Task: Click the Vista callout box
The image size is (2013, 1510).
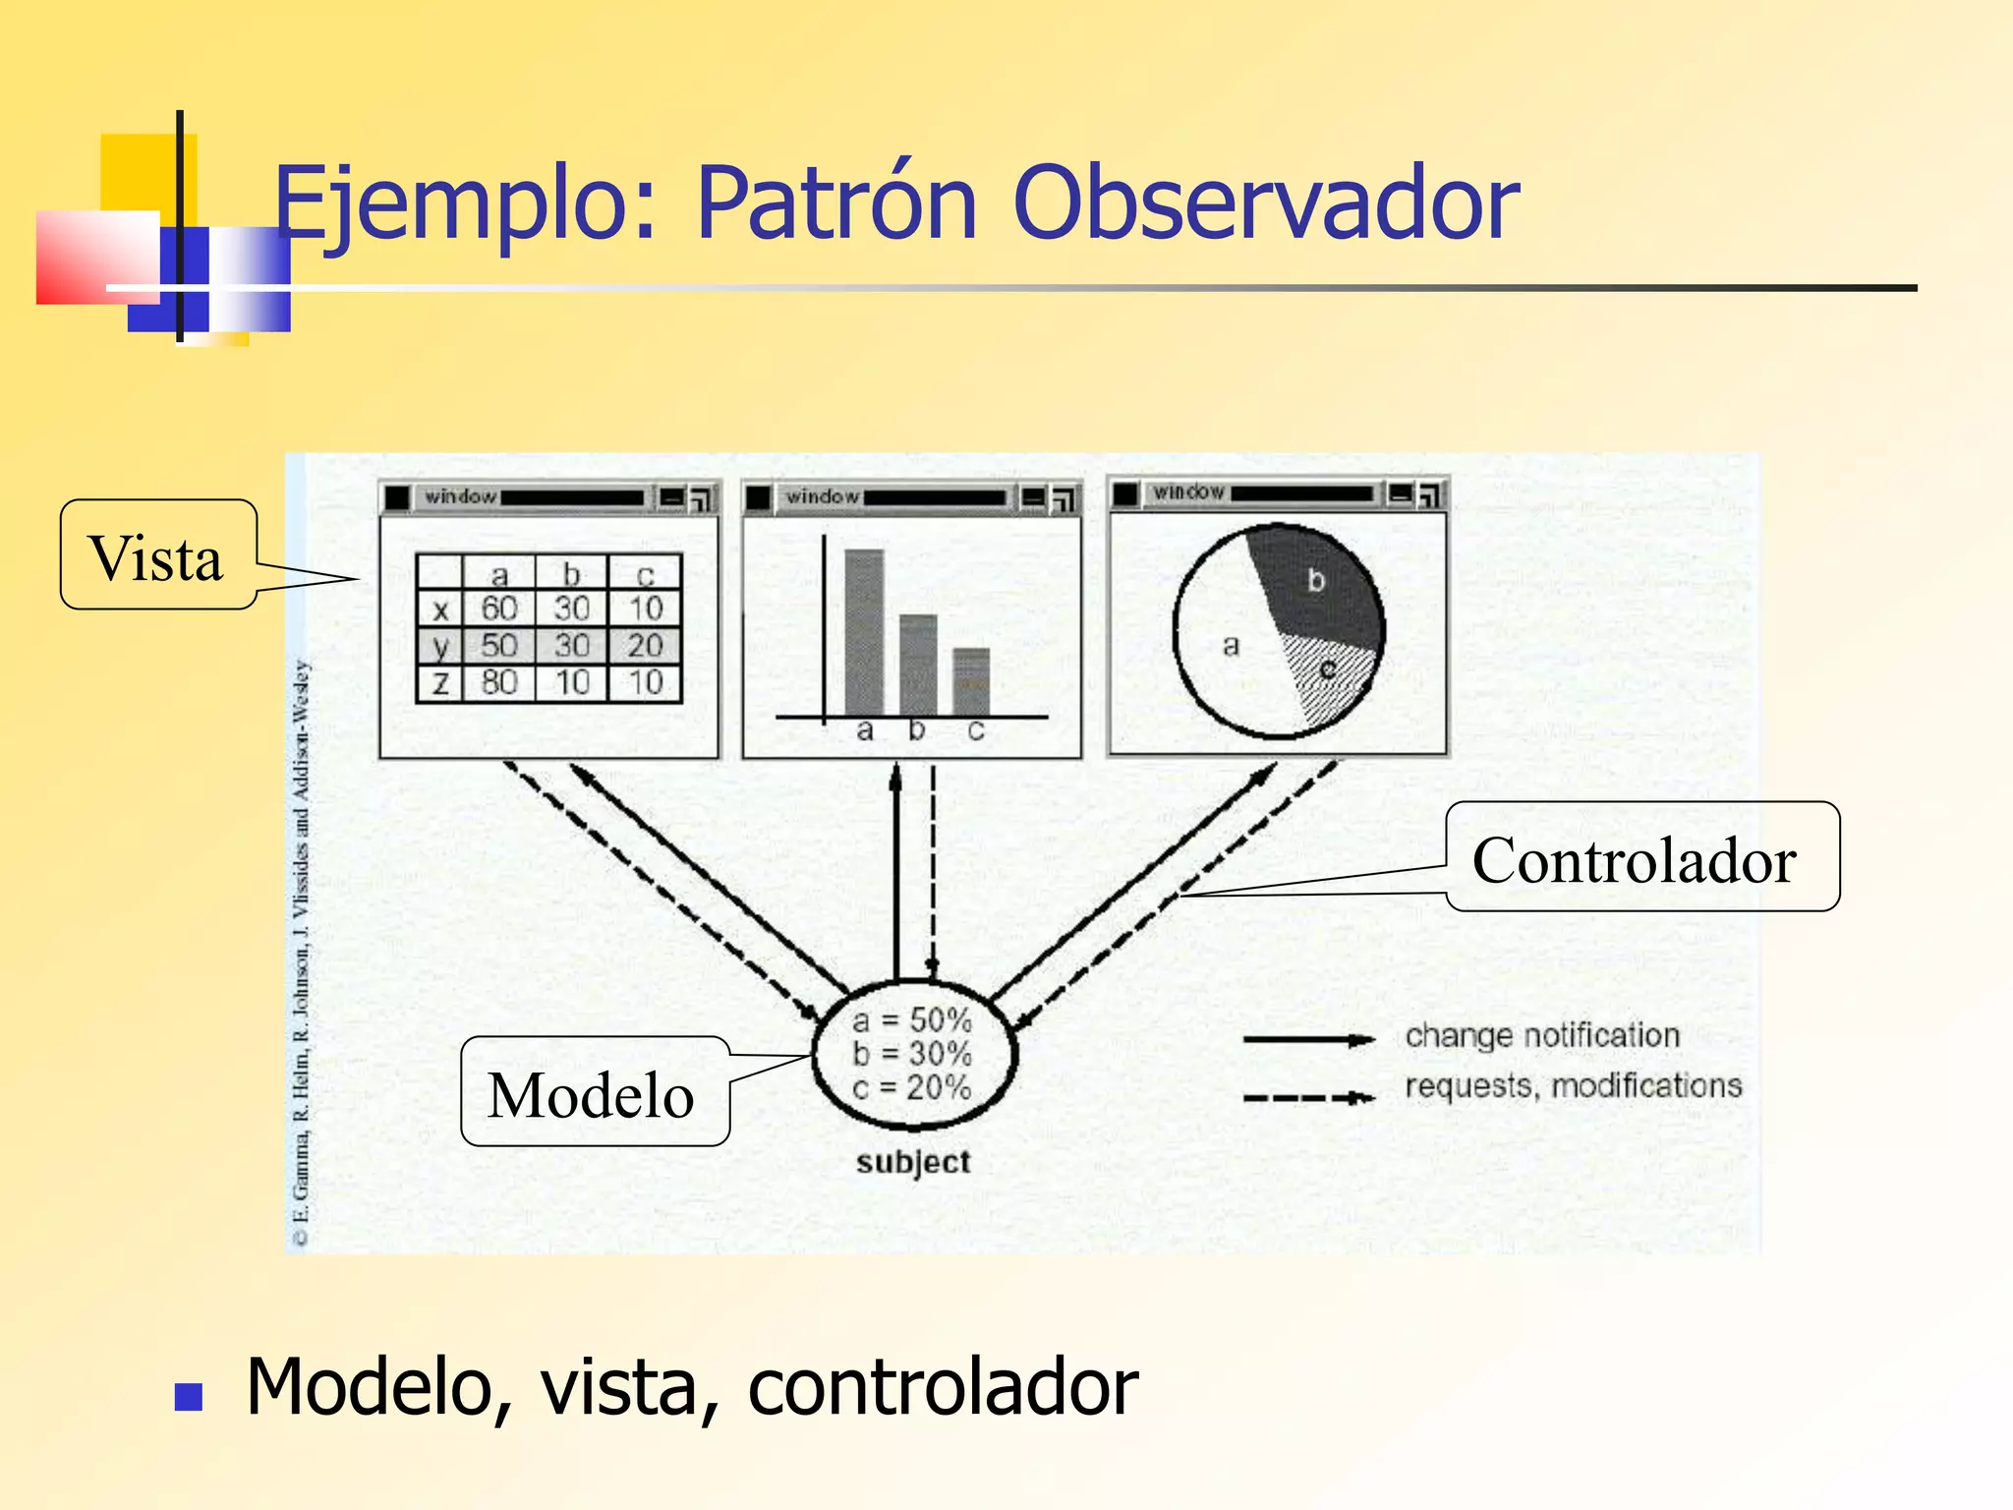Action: [158, 554]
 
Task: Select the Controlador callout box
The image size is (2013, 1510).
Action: [1641, 857]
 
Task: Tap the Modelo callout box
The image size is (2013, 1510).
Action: [594, 1092]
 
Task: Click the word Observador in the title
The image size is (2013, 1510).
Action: [1265, 203]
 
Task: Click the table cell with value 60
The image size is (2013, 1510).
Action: [498, 610]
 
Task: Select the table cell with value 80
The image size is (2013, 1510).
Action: [498, 682]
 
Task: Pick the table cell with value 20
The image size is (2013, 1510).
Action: [645, 646]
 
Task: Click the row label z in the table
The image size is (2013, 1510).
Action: [440, 682]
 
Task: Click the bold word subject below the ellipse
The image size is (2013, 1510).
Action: [913, 1162]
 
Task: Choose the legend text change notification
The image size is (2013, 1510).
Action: [1542, 1035]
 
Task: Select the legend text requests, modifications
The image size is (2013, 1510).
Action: [1573, 1086]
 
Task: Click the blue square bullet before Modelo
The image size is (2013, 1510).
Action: [188, 1397]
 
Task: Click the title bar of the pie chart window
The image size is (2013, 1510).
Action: [1278, 493]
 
